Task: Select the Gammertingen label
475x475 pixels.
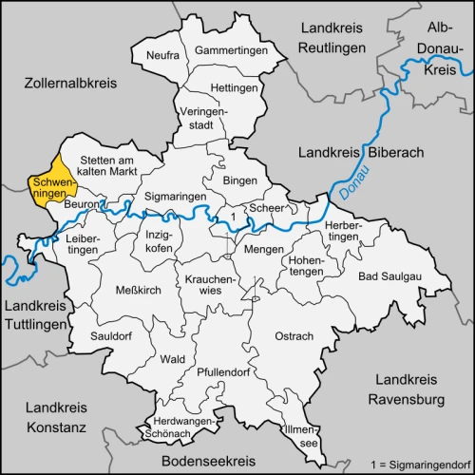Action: [227, 49]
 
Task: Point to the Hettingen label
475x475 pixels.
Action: [233, 88]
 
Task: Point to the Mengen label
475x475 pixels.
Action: [263, 250]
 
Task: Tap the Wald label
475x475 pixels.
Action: [173, 359]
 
